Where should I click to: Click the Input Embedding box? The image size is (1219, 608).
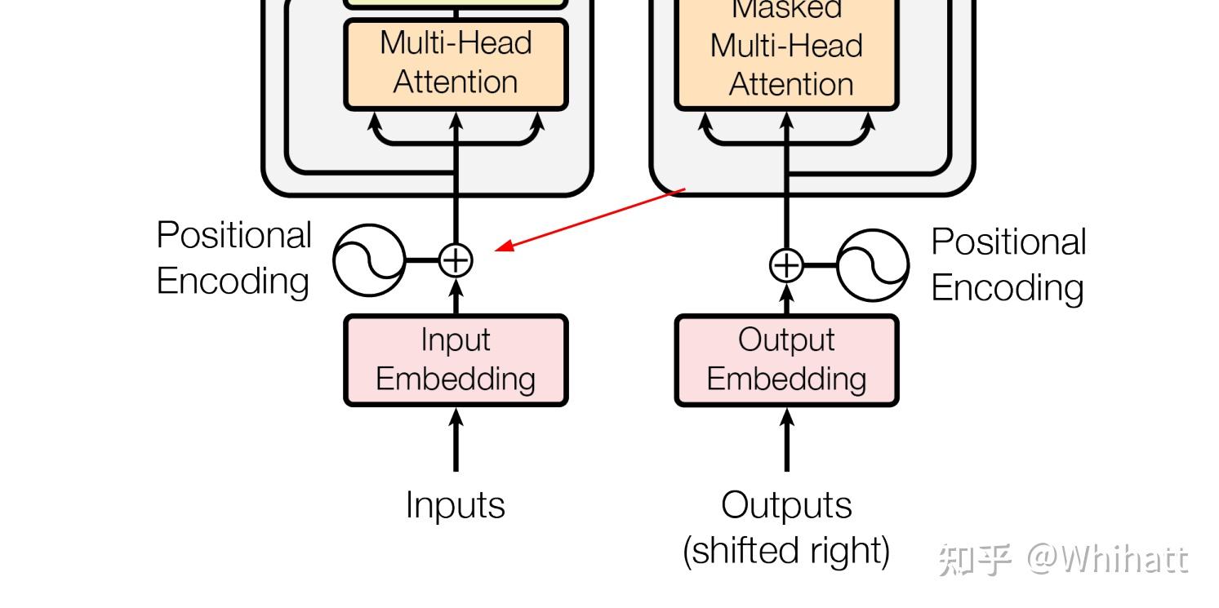455,360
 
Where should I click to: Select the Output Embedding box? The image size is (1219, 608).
786,360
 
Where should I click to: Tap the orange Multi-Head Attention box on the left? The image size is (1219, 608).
455,64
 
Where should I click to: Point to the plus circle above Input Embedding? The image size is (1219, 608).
456,260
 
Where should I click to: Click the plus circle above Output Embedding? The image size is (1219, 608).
786,265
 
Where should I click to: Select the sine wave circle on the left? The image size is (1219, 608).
369,260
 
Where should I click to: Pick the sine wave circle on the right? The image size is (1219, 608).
873,265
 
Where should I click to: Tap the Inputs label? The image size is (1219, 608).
455,505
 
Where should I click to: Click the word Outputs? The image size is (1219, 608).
786,505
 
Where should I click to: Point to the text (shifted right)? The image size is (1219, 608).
786,550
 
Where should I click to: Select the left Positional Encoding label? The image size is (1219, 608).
234,258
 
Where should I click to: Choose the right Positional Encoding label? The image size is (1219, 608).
1008,264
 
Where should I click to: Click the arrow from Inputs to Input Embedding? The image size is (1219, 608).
456,441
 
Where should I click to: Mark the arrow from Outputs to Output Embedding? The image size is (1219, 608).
786,441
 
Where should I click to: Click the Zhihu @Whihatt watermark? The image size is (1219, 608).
1063,560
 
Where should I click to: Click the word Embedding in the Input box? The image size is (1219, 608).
455,379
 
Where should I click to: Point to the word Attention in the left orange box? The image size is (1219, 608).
455,82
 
